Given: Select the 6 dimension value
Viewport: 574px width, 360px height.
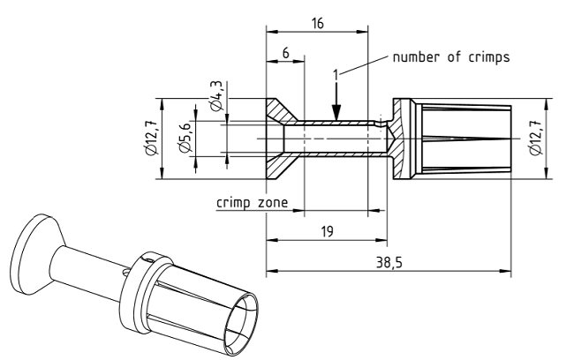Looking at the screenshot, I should pyautogui.click(x=285, y=53).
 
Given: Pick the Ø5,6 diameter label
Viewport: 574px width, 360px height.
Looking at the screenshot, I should pyautogui.click(x=185, y=139).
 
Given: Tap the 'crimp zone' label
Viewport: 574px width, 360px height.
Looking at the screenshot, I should pyautogui.click(x=251, y=202).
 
